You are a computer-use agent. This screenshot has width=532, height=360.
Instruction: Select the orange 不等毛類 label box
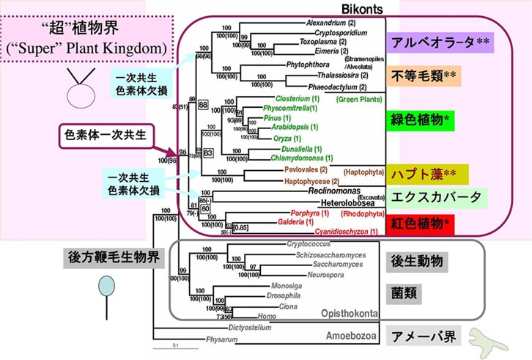coord(433,76)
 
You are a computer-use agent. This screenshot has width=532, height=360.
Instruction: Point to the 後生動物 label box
coord(416,260)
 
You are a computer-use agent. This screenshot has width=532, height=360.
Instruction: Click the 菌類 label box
coord(407,292)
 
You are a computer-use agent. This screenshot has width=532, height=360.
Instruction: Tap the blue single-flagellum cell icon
coord(108,284)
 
